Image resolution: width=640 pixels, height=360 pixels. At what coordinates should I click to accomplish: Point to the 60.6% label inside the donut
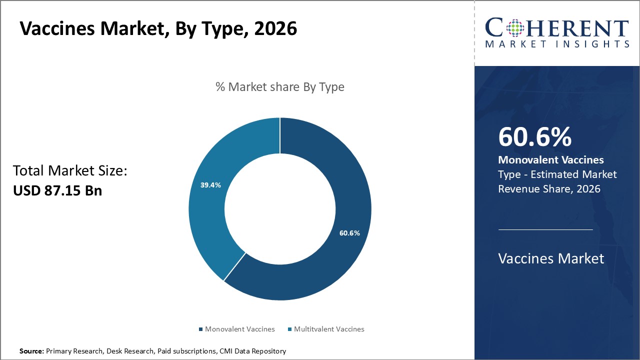349,233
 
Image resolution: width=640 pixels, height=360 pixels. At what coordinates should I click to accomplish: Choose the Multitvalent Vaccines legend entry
329,329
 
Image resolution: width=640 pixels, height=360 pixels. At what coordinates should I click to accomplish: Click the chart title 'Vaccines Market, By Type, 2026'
158,28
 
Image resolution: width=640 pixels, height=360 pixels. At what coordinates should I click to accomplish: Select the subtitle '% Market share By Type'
280,87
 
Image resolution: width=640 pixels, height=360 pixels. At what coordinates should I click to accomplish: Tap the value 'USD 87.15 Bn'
57,190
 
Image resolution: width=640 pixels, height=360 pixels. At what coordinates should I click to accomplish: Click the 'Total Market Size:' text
70,171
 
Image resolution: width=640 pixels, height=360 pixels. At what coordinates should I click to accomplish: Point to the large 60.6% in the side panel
535,137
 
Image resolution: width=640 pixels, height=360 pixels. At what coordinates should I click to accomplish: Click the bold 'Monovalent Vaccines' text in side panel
551,160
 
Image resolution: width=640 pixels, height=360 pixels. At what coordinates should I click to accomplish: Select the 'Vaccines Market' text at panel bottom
551,258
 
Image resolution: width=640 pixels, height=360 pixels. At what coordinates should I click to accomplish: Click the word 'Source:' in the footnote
31,351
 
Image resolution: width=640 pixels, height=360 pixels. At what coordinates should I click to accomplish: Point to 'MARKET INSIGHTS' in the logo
557,44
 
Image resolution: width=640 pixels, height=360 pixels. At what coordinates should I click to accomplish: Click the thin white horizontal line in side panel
545,229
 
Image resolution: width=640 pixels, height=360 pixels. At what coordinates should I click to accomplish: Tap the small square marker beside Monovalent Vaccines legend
201,329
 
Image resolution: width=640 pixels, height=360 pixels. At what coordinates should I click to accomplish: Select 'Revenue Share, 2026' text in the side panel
549,189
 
